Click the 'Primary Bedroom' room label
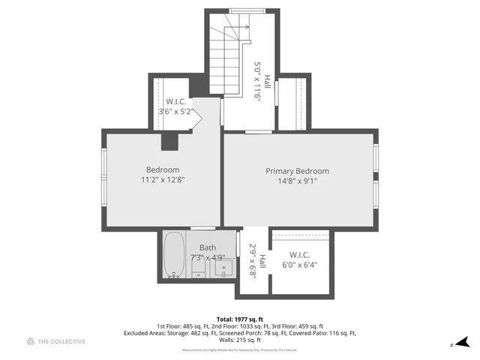coord(297,171)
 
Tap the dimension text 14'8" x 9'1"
coord(297,181)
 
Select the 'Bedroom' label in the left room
coord(162,169)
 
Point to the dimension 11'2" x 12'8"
coord(162,180)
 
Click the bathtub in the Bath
coord(174,256)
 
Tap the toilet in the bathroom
coord(198,265)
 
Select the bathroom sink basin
coord(220,266)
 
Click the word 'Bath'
coord(208,247)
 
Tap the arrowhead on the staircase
coord(245,26)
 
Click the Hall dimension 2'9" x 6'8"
coord(253,261)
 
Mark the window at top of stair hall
coord(243,10)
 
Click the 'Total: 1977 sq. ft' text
coord(239,319)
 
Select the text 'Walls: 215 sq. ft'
coord(239,340)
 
